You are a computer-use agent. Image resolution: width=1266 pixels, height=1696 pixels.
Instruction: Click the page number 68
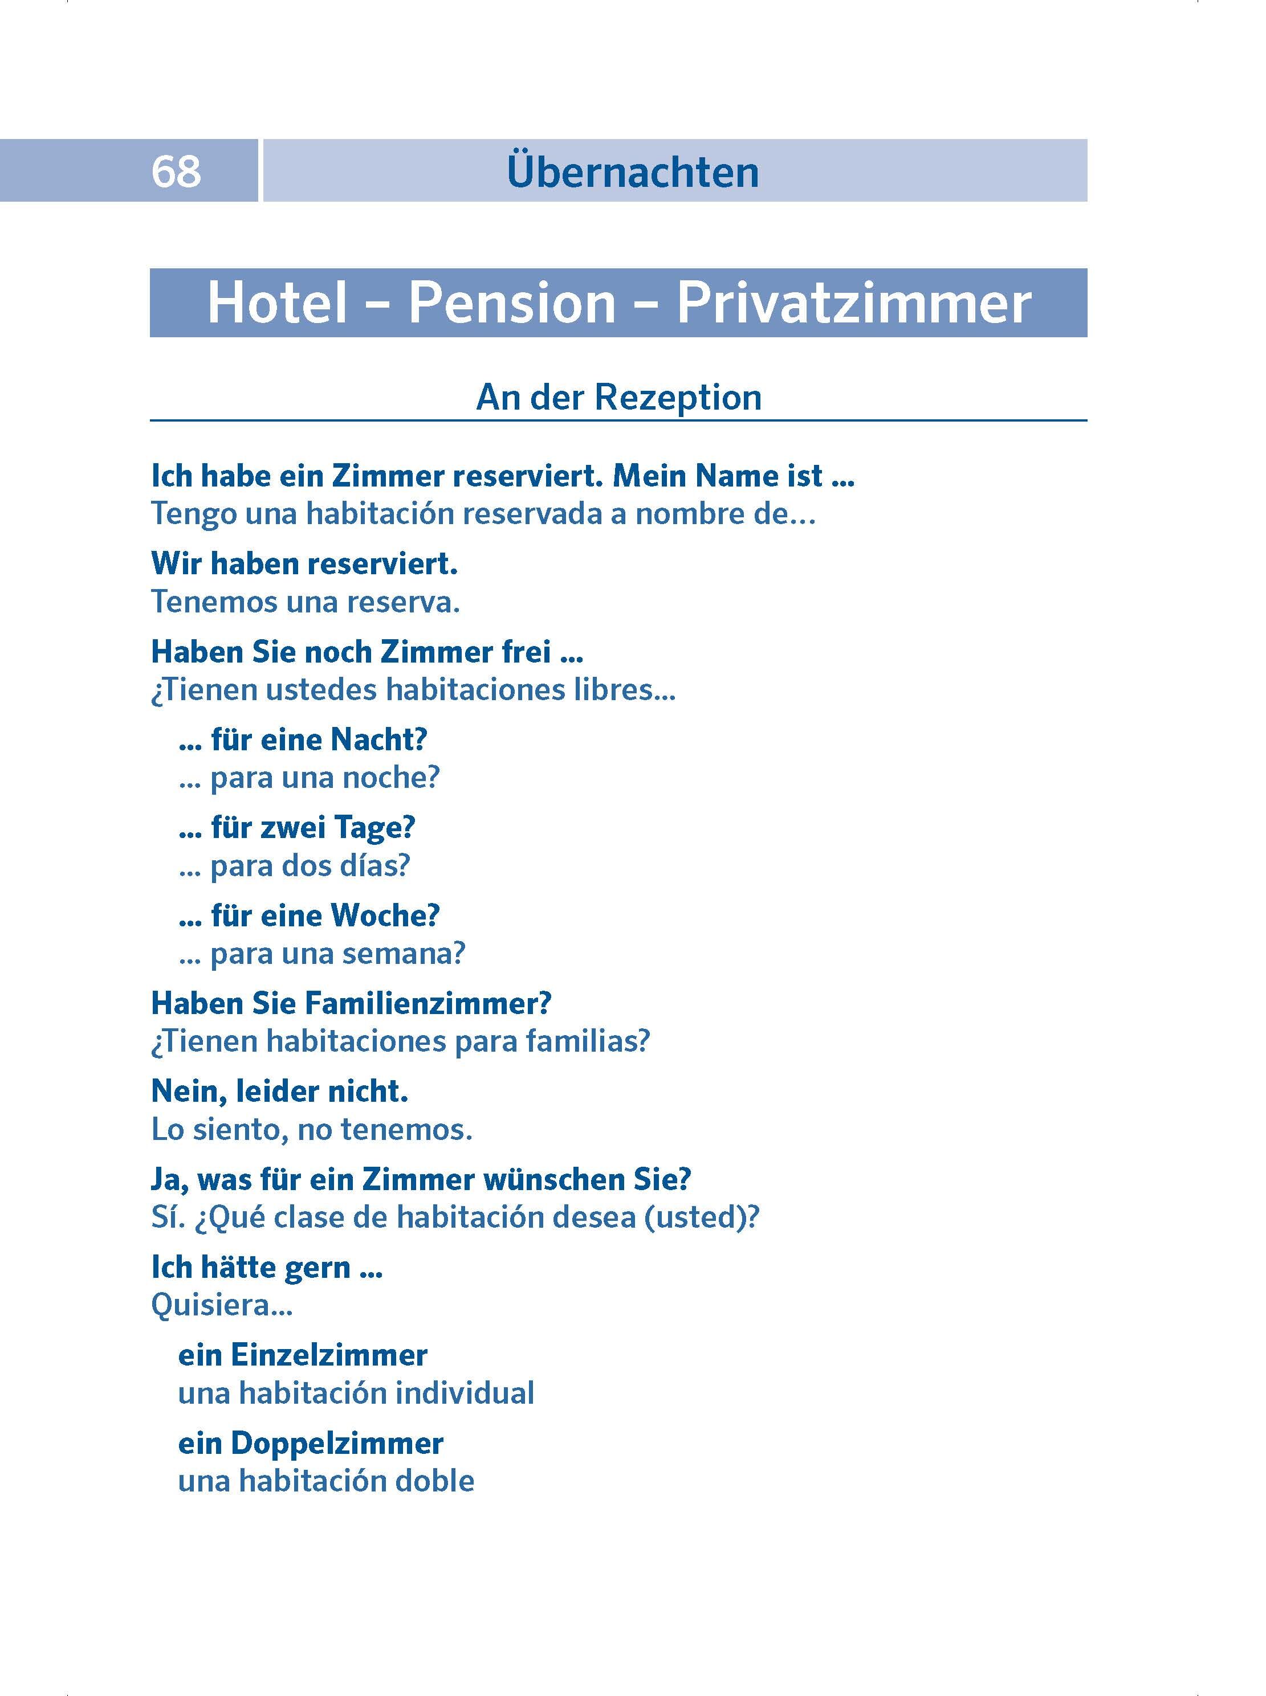point(176,171)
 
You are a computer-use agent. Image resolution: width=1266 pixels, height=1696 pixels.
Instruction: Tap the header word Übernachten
point(632,173)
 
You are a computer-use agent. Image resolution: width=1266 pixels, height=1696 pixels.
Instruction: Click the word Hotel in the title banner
point(278,303)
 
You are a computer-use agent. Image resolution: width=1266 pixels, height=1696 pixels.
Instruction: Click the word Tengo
point(193,514)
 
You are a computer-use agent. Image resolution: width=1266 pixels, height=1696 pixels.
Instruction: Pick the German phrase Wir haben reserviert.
point(304,564)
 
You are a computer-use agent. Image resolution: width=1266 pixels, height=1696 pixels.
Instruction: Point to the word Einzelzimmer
point(329,1355)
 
